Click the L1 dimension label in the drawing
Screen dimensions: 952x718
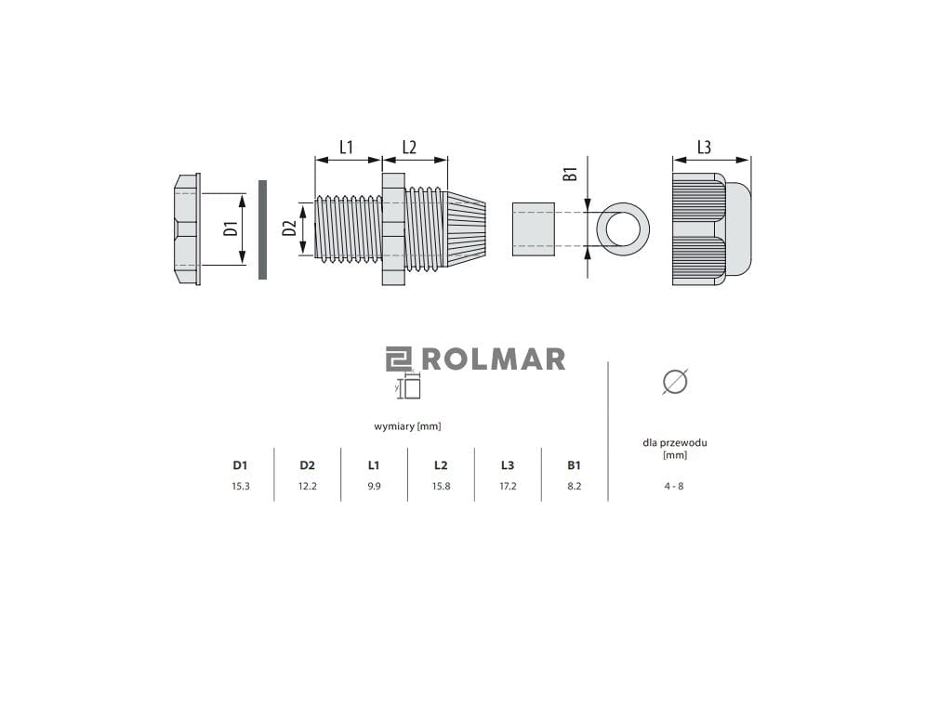346,148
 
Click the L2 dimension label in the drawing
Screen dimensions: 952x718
409,148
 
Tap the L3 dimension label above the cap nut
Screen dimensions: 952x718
704,148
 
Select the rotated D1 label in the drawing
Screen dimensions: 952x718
230,229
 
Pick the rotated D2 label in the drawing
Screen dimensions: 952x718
290,228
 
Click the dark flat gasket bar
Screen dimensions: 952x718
262,229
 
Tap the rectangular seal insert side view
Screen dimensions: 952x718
534,229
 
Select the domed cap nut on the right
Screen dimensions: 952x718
711,229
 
